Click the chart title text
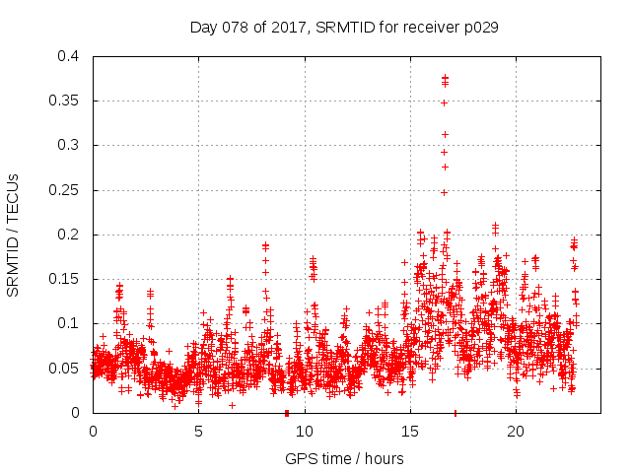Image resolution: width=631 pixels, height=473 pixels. [x=343, y=28]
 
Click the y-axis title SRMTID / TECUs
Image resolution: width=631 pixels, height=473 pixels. [x=14, y=235]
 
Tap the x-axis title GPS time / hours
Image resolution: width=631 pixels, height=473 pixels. [x=343, y=458]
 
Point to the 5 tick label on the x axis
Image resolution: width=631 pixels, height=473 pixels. [x=198, y=431]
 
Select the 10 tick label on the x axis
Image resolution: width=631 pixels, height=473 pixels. [x=304, y=431]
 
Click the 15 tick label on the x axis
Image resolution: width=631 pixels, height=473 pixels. [x=409, y=431]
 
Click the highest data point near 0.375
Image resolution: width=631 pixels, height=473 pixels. [x=445, y=77]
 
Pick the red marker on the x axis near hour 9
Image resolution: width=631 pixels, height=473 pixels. [x=286, y=412]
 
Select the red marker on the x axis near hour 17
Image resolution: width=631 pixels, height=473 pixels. [x=455, y=412]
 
